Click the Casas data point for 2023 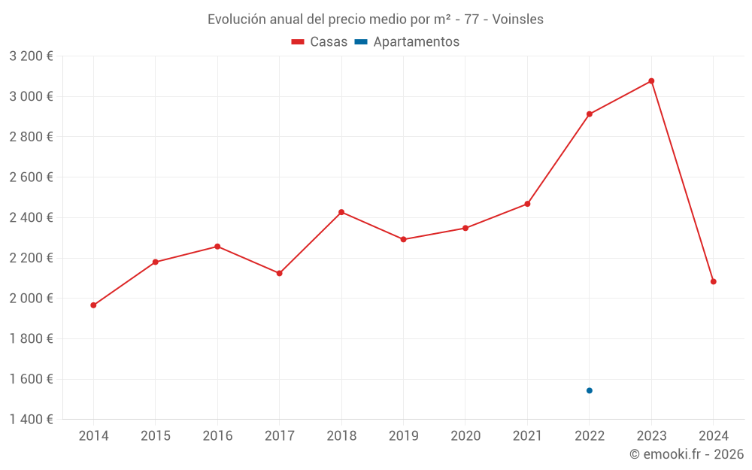click(x=651, y=81)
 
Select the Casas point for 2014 click(x=93, y=305)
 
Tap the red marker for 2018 click(x=341, y=212)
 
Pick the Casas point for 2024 click(x=714, y=281)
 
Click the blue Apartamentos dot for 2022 click(x=590, y=390)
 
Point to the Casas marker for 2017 click(x=280, y=273)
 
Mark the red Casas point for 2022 click(x=590, y=114)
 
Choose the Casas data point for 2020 click(x=465, y=228)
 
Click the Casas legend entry click(x=320, y=42)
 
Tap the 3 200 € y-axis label click(x=31, y=56)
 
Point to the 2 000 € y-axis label click(x=31, y=299)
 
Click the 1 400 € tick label click(x=31, y=420)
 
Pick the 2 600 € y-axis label click(x=31, y=177)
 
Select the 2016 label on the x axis click(x=217, y=436)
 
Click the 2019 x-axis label click(x=404, y=436)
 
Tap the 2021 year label click(x=527, y=436)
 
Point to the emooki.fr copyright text click(x=687, y=454)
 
